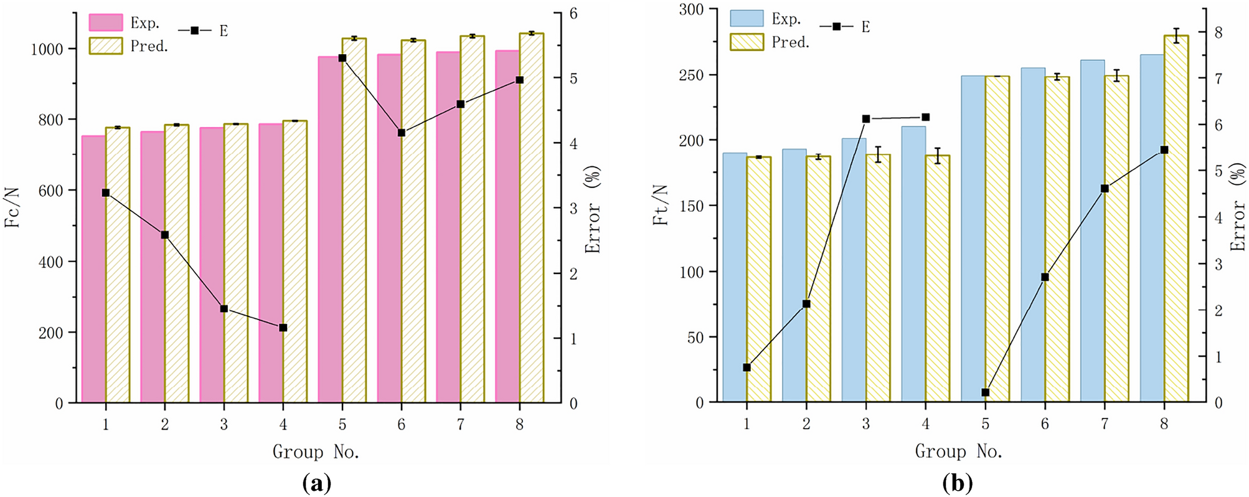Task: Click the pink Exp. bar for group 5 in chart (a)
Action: [x=329, y=230]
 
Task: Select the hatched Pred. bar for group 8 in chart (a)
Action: [x=532, y=218]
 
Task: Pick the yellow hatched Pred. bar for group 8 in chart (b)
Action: [x=1176, y=218]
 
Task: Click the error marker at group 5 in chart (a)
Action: [x=342, y=58]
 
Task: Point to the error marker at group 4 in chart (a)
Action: [x=283, y=328]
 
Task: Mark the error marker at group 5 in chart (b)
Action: [x=985, y=392]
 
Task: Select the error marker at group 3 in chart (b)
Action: [x=866, y=119]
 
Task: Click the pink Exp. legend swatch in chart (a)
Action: [x=106, y=22]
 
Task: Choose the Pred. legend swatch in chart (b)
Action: [x=747, y=42]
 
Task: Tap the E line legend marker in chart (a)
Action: [x=194, y=30]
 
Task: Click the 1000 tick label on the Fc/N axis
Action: [x=47, y=49]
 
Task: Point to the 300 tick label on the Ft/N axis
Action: [x=691, y=10]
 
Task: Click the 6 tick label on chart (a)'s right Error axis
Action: [x=573, y=14]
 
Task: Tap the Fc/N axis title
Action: [x=12, y=207]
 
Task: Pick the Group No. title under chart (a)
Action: [x=316, y=452]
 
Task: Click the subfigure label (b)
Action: [x=957, y=483]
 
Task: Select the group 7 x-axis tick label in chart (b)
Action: [x=1105, y=424]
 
